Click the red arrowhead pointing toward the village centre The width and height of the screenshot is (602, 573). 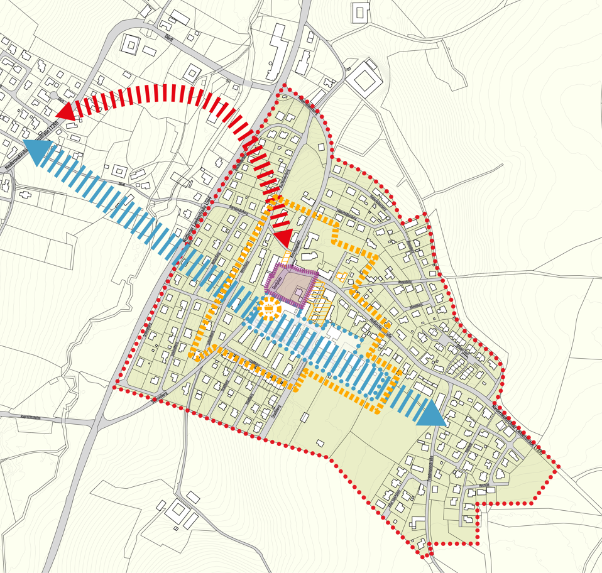284,238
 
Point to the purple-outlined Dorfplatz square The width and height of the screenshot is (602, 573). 292,286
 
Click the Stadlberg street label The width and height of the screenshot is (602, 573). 275,412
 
